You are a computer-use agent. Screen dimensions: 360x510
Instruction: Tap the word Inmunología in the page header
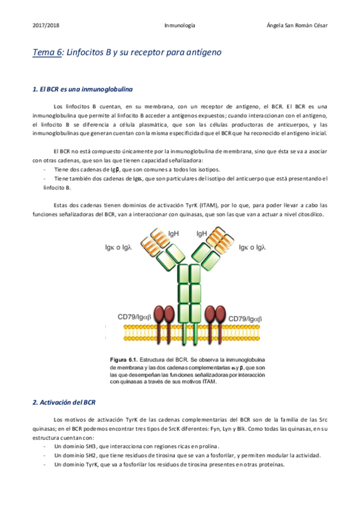[180, 26]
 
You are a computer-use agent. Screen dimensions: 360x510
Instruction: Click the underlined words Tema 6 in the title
[47, 53]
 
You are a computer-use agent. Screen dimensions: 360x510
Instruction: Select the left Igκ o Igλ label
[118, 246]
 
